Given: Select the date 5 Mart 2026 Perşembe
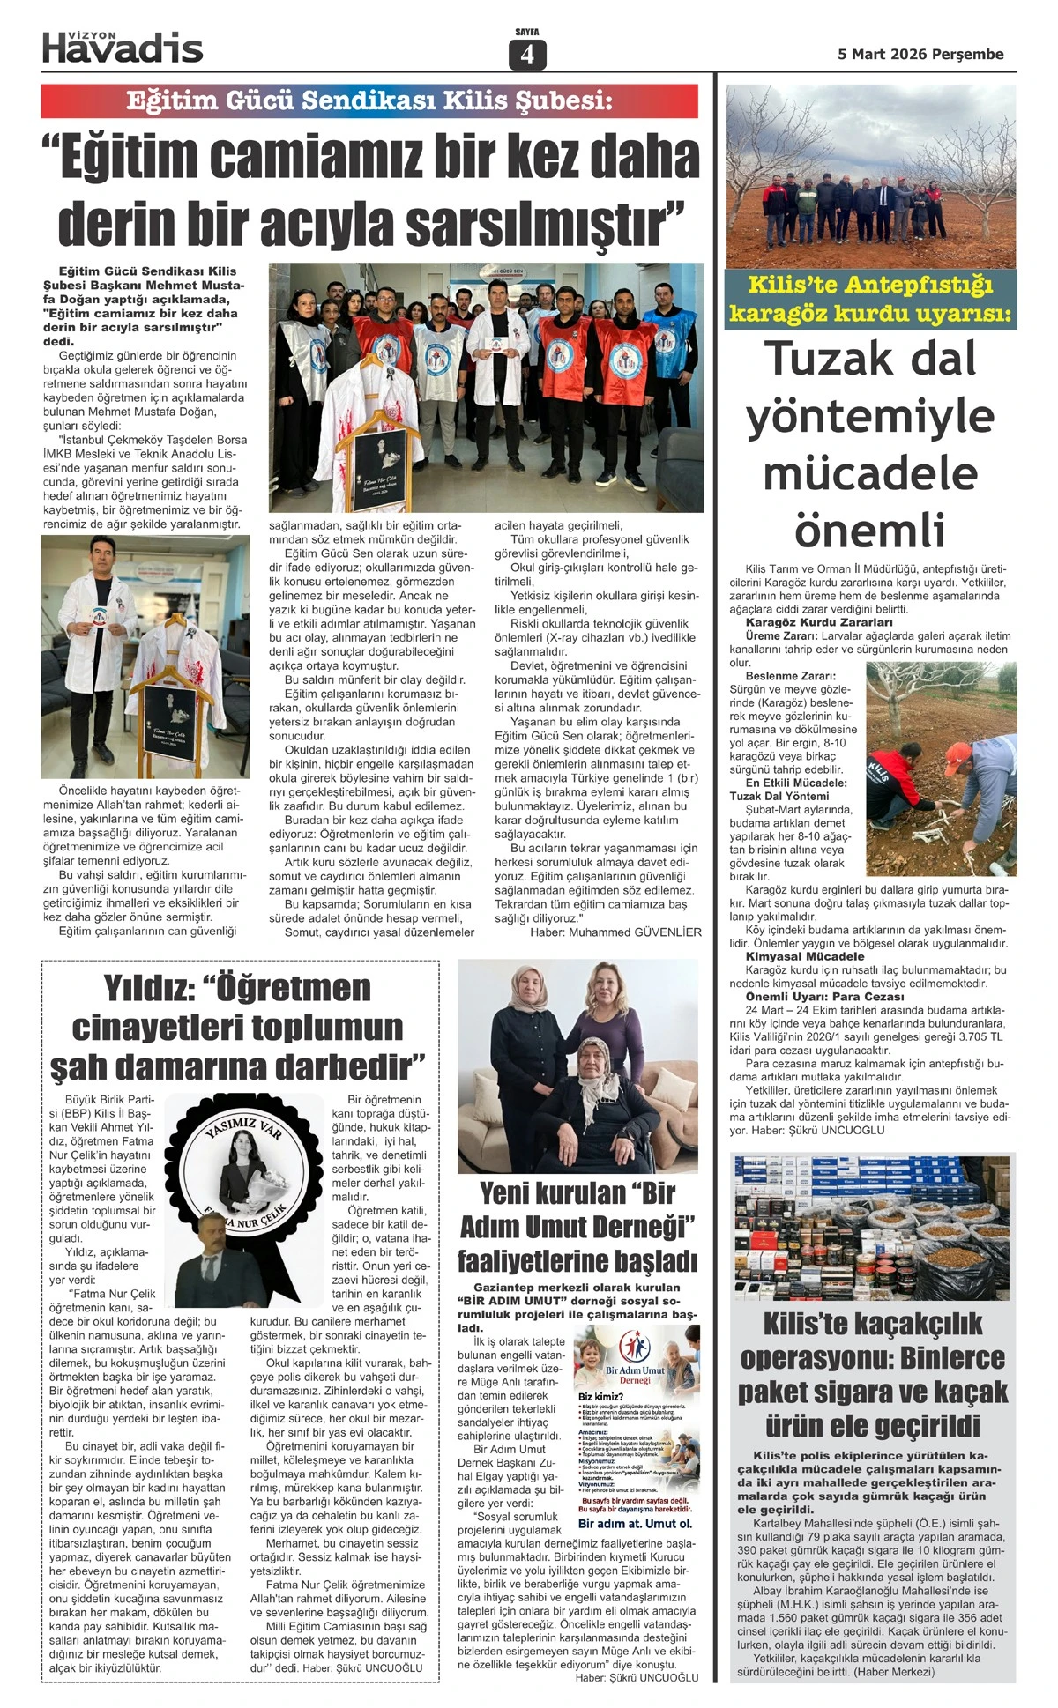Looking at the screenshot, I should tap(920, 54).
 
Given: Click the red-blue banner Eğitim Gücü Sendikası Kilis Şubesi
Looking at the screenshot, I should tap(369, 101).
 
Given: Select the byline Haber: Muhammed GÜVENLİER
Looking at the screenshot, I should tap(615, 932).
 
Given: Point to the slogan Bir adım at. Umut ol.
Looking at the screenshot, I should tap(635, 1523).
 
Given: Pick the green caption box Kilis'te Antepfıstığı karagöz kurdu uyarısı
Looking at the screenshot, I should tap(870, 299).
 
